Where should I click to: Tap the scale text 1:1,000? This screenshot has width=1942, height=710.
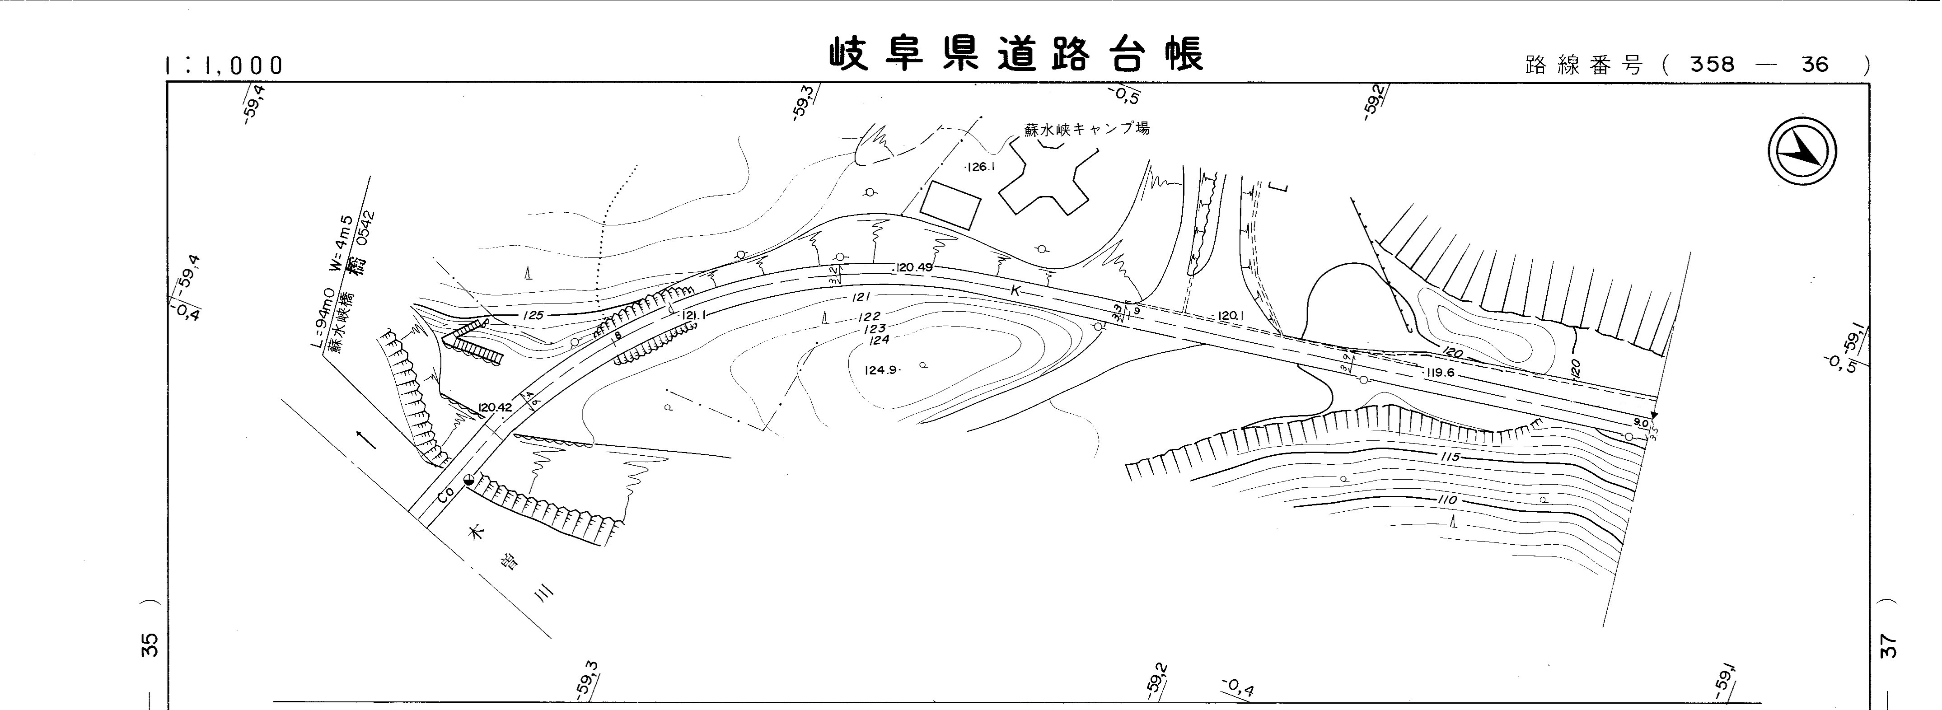[224, 65]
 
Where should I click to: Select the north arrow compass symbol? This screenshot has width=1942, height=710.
[1802, 151]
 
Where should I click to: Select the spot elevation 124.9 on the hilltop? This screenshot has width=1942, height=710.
[880, 370]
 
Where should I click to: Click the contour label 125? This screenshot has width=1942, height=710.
[533, 315]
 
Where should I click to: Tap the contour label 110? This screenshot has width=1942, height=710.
[1447, 501]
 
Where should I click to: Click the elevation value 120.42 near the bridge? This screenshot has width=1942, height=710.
[495, 408]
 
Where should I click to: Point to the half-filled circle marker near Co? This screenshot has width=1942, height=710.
[469, 479]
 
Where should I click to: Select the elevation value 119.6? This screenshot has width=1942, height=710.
[1439, 372]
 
